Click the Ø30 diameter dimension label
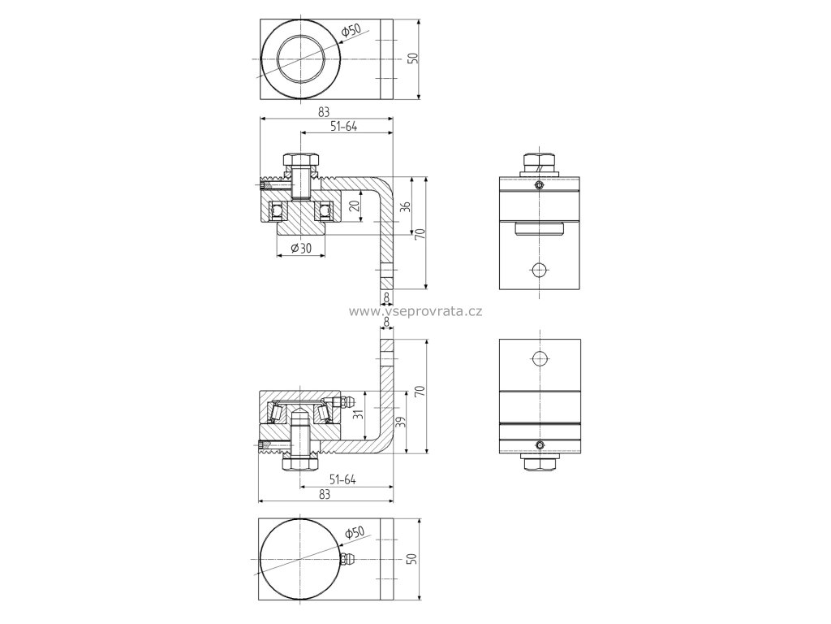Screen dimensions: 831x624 click(301, 248)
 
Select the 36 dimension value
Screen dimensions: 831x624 click(406, 206)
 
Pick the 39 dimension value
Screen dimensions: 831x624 click(401, 422)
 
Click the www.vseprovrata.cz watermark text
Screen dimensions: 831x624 click(415, 311)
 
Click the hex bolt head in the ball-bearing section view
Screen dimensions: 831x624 click(300, 159)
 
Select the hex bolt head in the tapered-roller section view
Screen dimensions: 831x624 click(299, 464)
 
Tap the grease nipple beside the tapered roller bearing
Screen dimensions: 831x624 click(339, 401)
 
